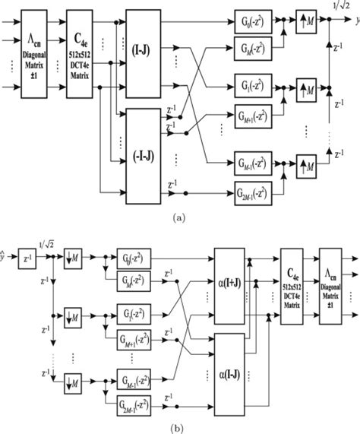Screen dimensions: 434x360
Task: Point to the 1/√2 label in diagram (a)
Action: tap(340, 6)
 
